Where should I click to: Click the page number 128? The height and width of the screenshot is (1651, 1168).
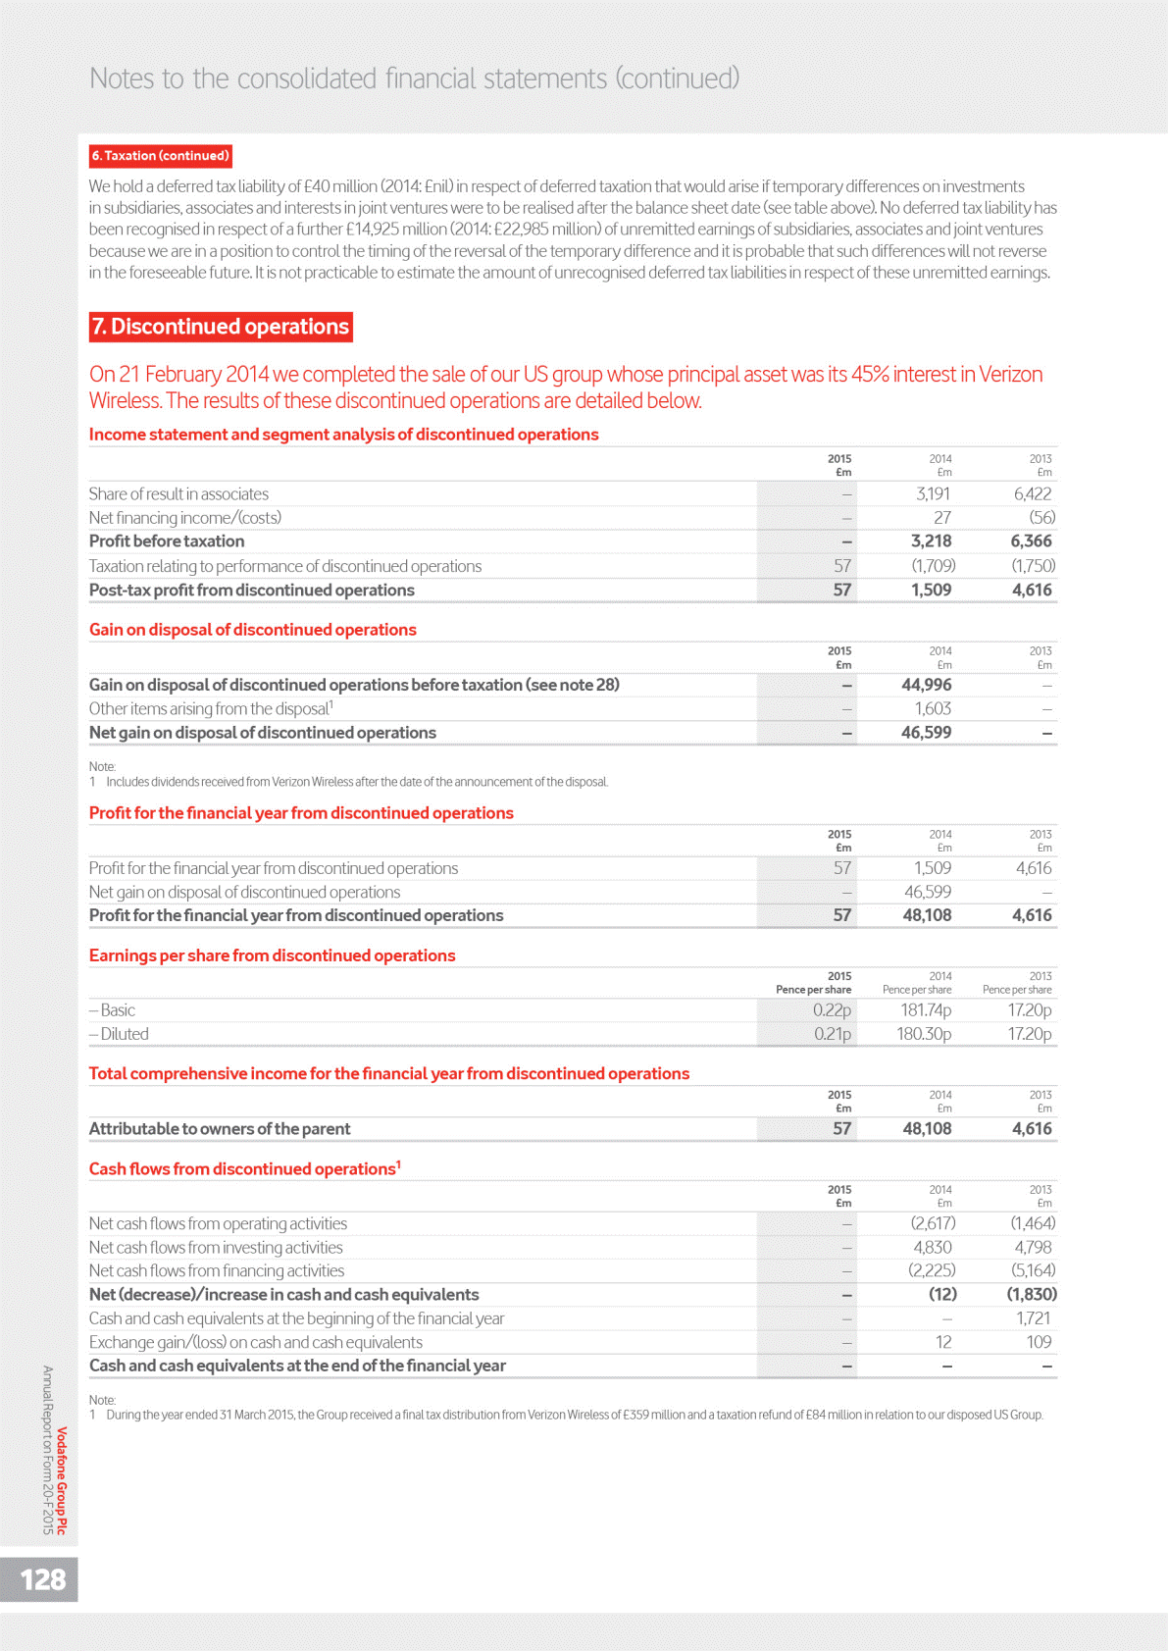pyautogui.click(x=43, y=1578)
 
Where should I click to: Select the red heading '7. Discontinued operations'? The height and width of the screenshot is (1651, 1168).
pyautogui.click(x=221, y=327)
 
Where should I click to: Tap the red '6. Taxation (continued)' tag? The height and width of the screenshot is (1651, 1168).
pyautogui.click(x=161, y=156)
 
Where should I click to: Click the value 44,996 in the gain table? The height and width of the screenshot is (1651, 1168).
pyautogui.click(x=926, y=685)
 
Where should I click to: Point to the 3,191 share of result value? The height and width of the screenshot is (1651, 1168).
pyautogui.click(x=932, y=494)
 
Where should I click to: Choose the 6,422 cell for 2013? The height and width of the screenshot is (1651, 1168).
pyautogui.click(x=1032, y=494)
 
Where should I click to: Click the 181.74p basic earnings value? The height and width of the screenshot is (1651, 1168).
pyautogui.click(x=926, y=1010)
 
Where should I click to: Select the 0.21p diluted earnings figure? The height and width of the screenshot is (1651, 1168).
pyautogui.click(x=832, y=1034)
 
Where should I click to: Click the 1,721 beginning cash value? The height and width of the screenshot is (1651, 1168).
pyautogui.click(x=1034, y=1318)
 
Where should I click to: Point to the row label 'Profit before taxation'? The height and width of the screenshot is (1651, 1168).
pyautogui.click(x=167, y=542)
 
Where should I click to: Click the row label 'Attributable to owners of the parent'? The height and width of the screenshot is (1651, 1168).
pyautogui.click(x=220, y=1129)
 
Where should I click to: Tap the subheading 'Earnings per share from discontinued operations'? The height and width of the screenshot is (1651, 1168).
pyautogui.click(x=272, y=955)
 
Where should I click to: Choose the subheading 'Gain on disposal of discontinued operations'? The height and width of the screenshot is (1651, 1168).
pyautogui.click(x=252, y=630)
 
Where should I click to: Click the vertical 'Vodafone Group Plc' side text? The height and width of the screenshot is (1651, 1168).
pyautogui.click(x=62, y=1480)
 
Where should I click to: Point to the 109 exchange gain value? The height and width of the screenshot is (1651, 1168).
pyautogui.click(x=1038, y=1342)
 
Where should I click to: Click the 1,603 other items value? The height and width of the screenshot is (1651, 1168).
pyautogui.click(x=933, y=709)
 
